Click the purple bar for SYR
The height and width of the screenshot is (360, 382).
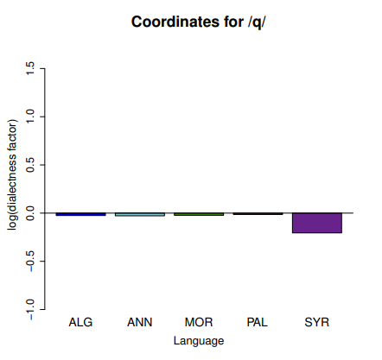coord(317,223)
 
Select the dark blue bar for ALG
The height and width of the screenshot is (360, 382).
coord(80,214)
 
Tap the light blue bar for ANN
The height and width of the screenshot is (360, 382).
coord(140,214)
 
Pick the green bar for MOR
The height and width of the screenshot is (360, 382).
coord(199,214)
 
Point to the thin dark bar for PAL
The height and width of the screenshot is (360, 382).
coord(258,214)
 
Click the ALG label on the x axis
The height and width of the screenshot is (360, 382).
coord(80,322)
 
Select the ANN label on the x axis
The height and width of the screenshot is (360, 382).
coord(140,322)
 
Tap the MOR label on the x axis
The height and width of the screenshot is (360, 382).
coord(199,322)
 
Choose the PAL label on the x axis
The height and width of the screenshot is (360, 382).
coord(258,322)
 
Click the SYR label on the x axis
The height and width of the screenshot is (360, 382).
coord(317,322)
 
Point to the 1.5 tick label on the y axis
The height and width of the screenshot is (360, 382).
coord(30,68)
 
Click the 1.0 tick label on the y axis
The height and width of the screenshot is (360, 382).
coord(30,117)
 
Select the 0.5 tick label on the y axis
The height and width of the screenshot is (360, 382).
coord(30,165)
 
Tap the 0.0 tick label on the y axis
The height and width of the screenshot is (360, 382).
coord(30,213)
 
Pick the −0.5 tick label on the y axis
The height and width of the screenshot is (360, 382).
coord(30,261)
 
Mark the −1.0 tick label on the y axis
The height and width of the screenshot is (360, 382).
coord(30,309)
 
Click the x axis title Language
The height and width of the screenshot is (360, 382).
coord(199,341)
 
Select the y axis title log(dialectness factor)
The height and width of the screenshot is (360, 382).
coord(12,174)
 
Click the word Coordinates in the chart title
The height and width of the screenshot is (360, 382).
coord(175,22)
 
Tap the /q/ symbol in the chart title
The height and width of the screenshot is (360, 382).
coord(257,22)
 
